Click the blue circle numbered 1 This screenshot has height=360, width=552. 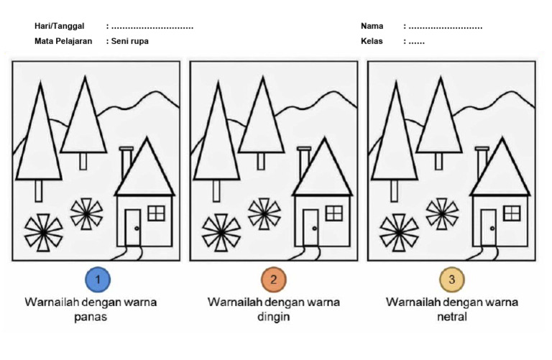click(x=97, y=279)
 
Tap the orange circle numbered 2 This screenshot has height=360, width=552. click(x=273, y=279)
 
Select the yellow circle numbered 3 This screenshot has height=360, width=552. click(x=451, y=279)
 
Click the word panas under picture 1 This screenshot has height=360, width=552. click(x=91, y=317)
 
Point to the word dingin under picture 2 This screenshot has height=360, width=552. click(x=273, y=317)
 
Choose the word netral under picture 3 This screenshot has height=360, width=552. click(x=451, y=317)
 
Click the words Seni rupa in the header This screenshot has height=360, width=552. click(x=130, y=41)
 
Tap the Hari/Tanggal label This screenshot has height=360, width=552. click(x=59, y=26)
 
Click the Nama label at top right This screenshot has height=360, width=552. click(x=372, y=26)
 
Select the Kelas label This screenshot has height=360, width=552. click(x=372, y=41)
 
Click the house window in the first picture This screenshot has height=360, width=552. click(x=156, y=213)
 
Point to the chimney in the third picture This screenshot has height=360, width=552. click(x=482, y=162)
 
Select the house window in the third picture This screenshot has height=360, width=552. click(x=512, y=213)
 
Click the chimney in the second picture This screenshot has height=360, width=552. click(x=304, y=162)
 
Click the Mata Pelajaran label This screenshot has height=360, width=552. click(x=63, y=41)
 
